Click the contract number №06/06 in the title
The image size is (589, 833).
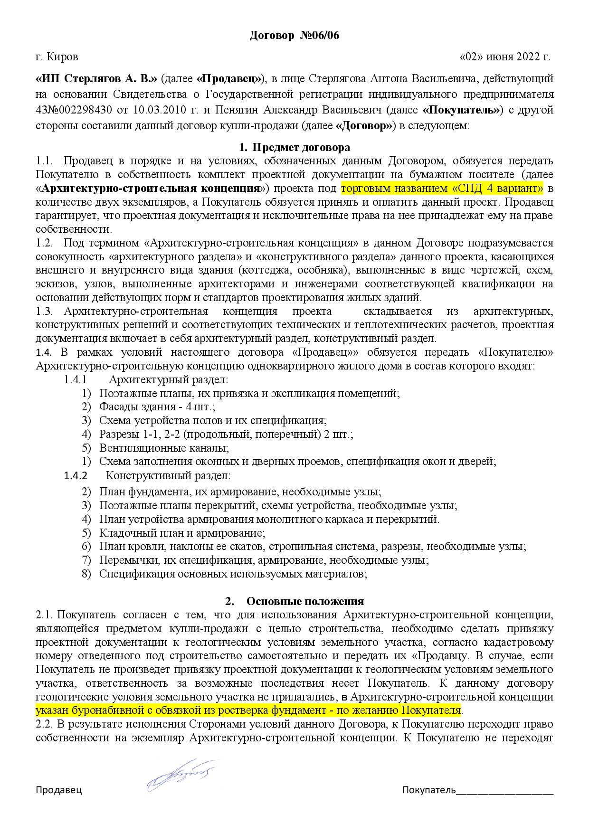(x=320, y=36)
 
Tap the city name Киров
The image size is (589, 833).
(x=63, y=57)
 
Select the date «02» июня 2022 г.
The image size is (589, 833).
(x=505, y=57)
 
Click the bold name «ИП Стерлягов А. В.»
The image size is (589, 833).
(x=96, y=78)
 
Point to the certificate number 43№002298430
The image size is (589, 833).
(x=74, y=110)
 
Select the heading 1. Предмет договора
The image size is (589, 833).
(x=294, y=147)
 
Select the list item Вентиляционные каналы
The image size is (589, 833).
(x=164, y=448)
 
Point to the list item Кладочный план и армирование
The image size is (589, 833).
(x=182, y=533)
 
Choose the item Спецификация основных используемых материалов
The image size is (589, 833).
(x=233, y=574)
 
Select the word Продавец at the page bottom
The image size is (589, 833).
(x=59, y=790)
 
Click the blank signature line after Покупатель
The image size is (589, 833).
(x=504, y=790)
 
